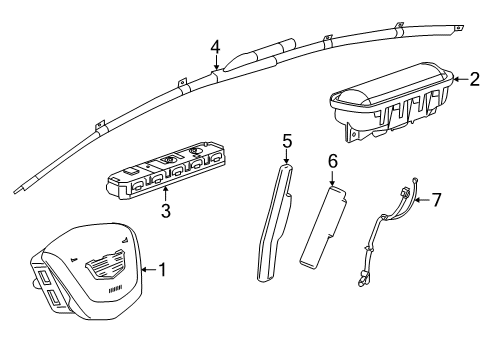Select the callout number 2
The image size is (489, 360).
click(x=476, y=80)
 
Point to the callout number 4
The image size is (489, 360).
click(x=215, y=46)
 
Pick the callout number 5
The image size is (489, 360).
click(x=287, y=143)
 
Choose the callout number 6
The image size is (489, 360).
click(x=334, y=159)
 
